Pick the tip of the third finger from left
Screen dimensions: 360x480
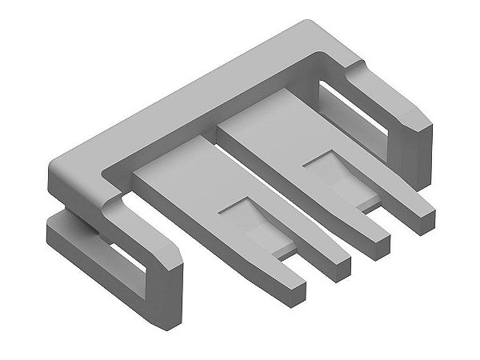pyautogui.click(x=376, y=237)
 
